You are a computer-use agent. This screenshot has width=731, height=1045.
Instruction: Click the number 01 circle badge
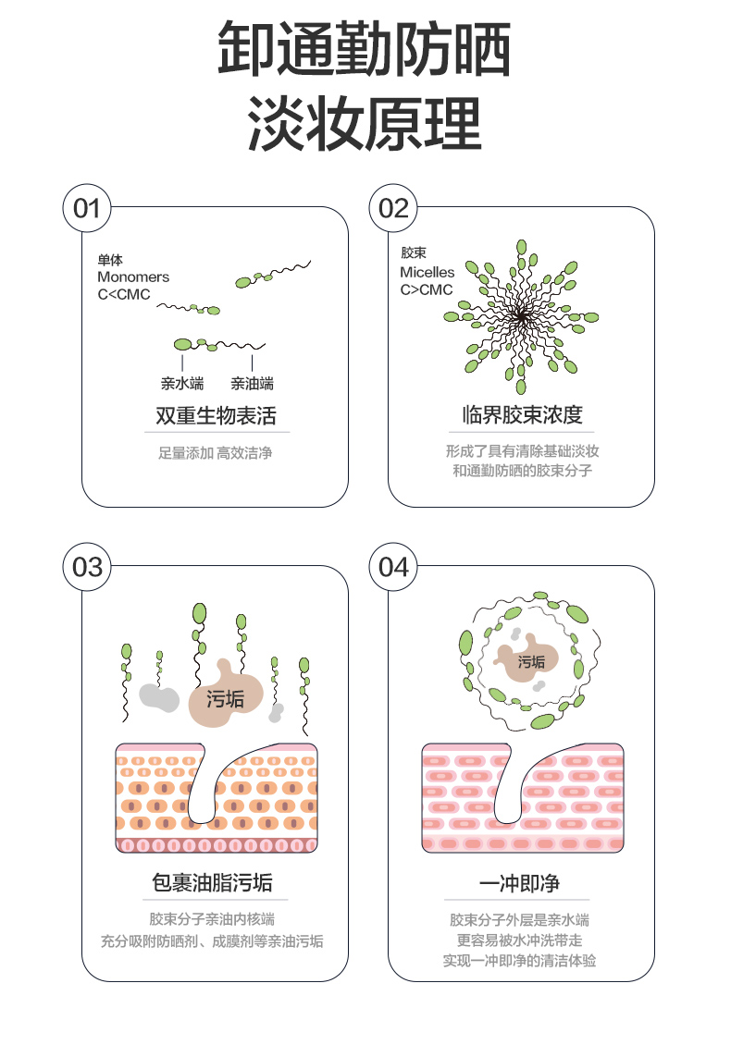[87, 208]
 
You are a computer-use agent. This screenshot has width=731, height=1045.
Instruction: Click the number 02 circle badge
[393, 208]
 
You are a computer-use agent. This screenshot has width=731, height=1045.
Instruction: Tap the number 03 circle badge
[87, 567]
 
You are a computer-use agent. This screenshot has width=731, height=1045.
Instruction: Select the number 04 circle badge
[393, 567]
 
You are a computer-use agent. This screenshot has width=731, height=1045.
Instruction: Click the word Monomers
[133, 277]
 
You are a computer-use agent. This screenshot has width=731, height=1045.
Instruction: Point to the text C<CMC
[124, 294]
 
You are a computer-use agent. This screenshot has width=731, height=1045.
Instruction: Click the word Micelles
[427, 272]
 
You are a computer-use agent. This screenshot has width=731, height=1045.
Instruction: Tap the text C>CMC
[427, 289]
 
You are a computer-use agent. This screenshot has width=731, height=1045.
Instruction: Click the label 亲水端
[182, 383]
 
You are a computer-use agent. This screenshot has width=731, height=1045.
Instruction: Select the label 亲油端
[252, 383]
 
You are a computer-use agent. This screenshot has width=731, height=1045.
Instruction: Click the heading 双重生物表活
[217, 415]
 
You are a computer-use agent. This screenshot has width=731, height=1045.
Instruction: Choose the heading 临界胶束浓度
[523, 414]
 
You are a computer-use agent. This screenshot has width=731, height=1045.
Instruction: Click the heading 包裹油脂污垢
[212, 882]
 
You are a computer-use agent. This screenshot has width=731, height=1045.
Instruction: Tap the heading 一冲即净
[520, 883]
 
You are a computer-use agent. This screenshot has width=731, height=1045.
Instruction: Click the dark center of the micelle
[522, 318]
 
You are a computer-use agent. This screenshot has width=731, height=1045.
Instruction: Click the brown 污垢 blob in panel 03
[226, 696]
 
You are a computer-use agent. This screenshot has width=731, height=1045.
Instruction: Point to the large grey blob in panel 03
[159, 698]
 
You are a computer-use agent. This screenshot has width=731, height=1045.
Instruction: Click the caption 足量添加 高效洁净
[216, 453]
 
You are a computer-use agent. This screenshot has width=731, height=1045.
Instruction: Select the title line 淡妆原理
[365, 124]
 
